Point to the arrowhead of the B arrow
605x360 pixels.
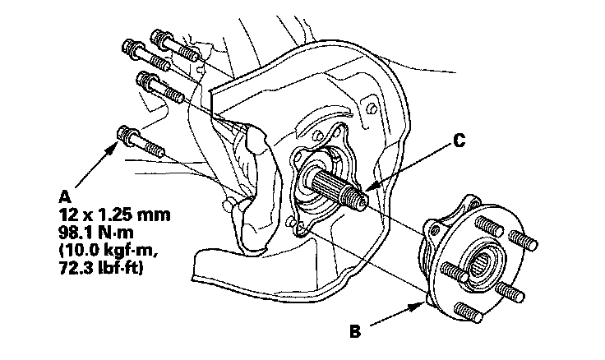click(423, 302)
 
